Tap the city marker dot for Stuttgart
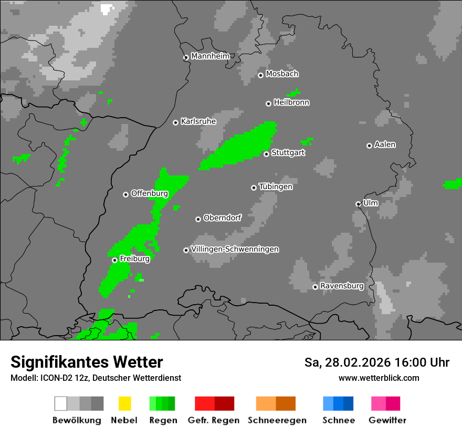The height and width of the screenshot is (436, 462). click(x=266, y=154)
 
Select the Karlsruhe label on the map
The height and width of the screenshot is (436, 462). click(x=198, y=121)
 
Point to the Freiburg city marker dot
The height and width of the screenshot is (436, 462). click(x=114, y=260)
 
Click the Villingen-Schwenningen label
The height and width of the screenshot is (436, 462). click(x=235, y=249)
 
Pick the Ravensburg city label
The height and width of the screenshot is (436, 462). click(x=342, y=286)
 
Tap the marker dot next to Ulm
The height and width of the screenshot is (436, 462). click(x=358, y=204)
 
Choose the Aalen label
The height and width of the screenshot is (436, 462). click(x=385, y=144)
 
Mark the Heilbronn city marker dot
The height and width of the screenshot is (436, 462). click(x=268, y=103)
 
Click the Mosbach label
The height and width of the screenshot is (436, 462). click(x=282, y=74)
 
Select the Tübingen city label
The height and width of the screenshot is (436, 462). click(x=276, y=186)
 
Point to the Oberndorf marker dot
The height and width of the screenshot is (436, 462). click(x=198, y=219)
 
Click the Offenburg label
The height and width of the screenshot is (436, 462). click(x=150, y=193)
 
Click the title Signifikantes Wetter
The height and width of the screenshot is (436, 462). click(x=87, y=362)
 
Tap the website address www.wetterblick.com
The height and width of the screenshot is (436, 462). click(x=379, y=378)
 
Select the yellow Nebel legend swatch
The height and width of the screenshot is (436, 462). click(x=125, y=403)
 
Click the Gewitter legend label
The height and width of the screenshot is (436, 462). click(x=387, y=420)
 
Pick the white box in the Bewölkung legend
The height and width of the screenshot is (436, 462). click(x=61, y=403)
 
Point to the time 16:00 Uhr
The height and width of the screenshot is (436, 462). click(x=425, y=362)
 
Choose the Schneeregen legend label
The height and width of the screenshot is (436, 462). click(x=277, y=420)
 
